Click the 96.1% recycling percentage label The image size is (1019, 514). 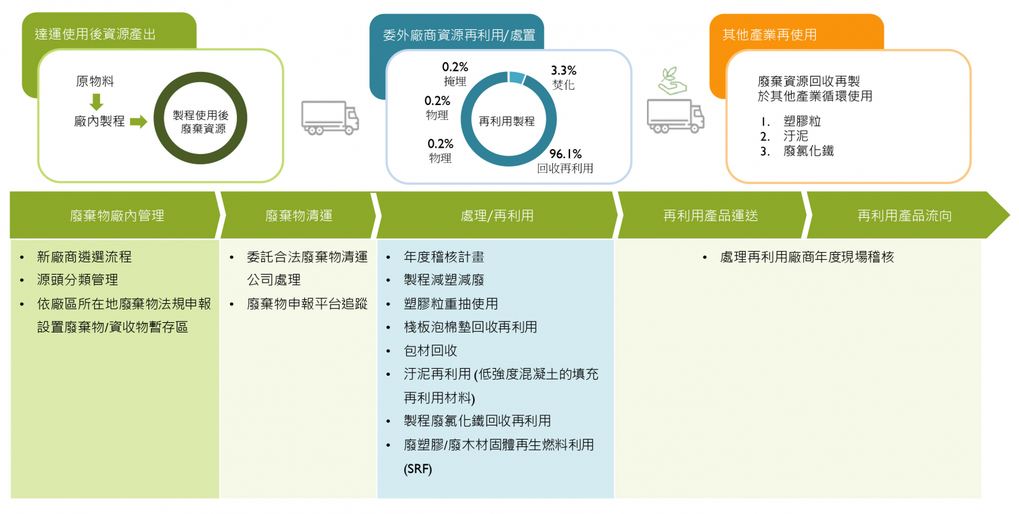point(566,153)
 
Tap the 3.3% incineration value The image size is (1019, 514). point(563,71)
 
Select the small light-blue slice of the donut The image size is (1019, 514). point(517,77)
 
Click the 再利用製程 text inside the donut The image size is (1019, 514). point(506,122)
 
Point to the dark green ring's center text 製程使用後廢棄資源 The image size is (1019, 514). point(201,122)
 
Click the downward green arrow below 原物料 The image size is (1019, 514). point(96,102)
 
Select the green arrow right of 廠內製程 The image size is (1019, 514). point(138,122)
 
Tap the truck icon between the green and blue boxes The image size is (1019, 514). point(331,118)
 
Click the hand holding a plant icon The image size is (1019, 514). point(672,81)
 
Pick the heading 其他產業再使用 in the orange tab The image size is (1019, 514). point(769,34)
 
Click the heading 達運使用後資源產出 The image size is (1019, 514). point(96,34)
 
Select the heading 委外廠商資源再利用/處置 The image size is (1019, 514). point(459,35)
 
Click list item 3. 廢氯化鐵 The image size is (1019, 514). point(797,151)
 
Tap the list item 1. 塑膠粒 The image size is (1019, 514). point(790,122)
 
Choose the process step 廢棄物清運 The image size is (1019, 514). point(299,216)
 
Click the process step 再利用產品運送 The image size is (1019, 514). point(711,216)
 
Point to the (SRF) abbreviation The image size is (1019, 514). point(418,469)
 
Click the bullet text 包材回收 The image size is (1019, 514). point(431,351)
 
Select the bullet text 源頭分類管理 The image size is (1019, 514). point(77,280)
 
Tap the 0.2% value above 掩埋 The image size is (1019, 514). point(455,68)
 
